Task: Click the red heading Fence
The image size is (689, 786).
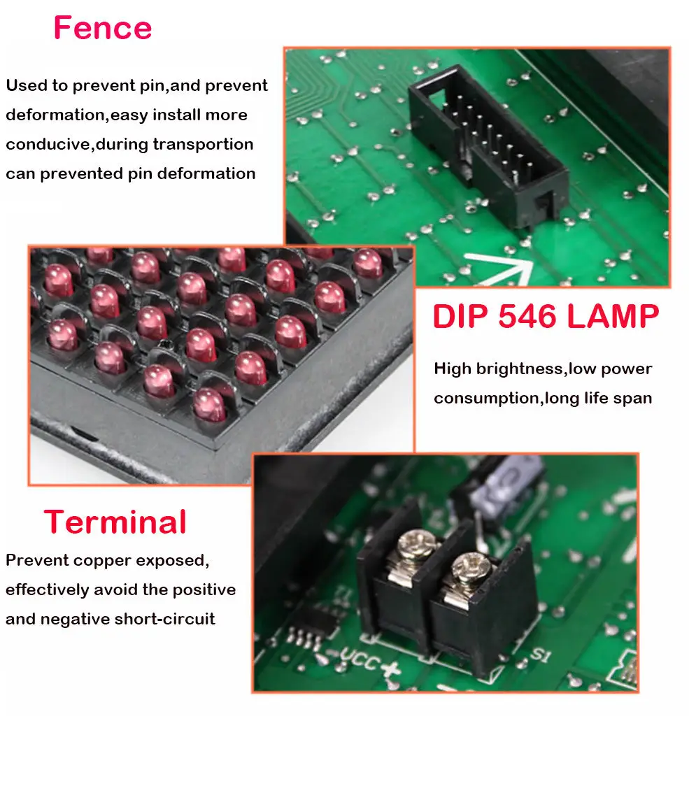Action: [102, 29]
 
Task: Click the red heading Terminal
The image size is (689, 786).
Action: [115, 522]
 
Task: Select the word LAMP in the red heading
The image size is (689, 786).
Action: [613, 317]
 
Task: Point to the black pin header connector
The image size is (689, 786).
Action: [487, 148]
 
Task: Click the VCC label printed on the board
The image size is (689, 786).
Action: [359, 657]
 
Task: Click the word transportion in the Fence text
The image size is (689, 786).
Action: [203, 144]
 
